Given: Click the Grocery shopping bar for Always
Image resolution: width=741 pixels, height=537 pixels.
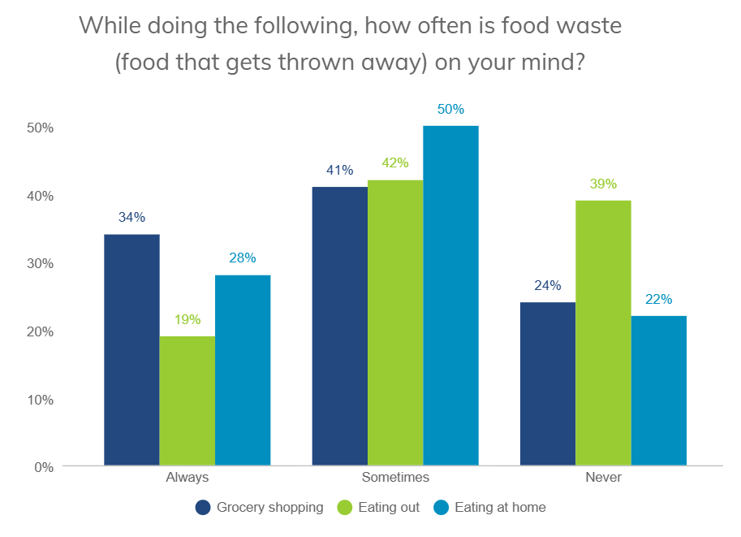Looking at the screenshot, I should point(131,349).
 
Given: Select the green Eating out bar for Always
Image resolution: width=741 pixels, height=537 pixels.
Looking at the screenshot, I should point(187,401).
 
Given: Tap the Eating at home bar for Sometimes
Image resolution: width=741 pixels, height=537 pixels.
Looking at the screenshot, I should point(450,296).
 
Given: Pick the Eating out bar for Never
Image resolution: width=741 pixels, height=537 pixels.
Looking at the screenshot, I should point(603,333).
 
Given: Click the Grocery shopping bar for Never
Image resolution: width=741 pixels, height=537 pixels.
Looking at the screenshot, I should point(548,383).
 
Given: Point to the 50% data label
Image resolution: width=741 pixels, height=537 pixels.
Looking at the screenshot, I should point(450,109).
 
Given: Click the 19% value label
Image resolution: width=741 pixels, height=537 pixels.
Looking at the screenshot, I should point(187,319).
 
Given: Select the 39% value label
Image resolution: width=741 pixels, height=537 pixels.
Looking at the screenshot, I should point(603,184).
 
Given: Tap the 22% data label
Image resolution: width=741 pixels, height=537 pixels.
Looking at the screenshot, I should point(658,299).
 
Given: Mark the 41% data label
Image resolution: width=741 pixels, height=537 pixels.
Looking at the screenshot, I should point(339,170).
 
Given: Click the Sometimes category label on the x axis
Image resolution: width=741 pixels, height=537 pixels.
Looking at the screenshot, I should point(395,477).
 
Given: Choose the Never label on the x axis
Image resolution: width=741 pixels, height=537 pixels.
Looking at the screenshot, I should point(603,477).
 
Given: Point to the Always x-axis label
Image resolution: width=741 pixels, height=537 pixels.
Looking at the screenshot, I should point(187,477).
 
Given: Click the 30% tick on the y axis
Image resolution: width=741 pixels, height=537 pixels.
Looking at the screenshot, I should point(40,263).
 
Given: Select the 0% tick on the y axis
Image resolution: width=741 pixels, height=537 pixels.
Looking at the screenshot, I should point(43,467).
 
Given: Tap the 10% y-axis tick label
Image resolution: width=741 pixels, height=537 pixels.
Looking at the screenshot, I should point(40,399).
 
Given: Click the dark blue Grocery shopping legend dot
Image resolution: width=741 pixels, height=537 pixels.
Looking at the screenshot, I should point(204,508).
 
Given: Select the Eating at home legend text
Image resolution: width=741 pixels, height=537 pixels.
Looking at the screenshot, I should point(500,508).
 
